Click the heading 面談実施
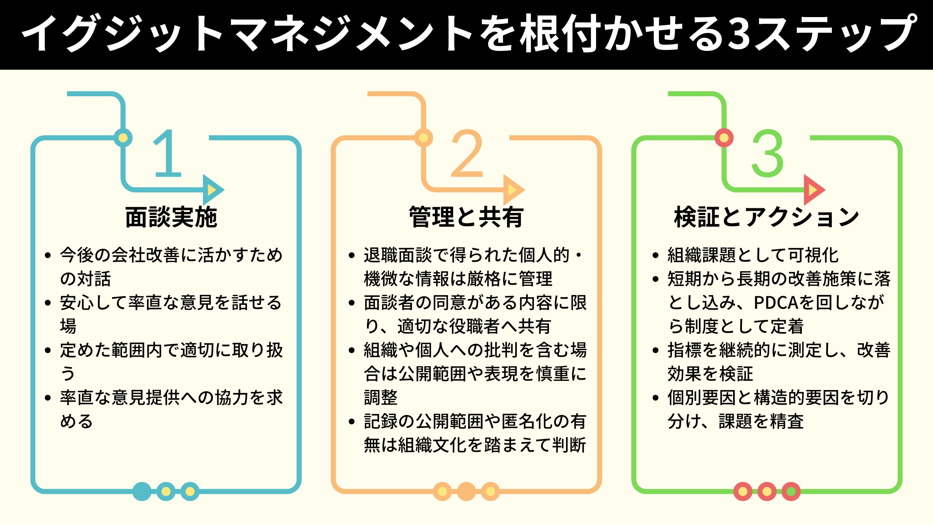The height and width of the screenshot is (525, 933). click(x=171, y=217)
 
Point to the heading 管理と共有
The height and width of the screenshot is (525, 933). click(x=466, y=217)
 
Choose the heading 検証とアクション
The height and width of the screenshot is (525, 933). click(x=767, y=217)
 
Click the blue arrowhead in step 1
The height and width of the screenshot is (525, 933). click(x=212, y=190)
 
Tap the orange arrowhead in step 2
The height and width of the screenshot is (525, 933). click(x=513, y=190)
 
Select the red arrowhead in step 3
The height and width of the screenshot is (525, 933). click(x=813, y=190)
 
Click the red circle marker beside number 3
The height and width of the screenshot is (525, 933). click(x=724, y=138)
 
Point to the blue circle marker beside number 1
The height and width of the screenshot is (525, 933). click(x=123, y=138)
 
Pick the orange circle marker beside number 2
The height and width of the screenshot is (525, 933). click(x=424, y=138)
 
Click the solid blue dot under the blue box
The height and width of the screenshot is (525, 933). click(x=142, y=492)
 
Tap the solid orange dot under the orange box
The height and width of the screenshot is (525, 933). click(x=466, y=492)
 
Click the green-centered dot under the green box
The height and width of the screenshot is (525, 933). click(x=791, y=492)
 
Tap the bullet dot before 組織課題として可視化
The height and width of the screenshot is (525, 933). click(x=656, y=255)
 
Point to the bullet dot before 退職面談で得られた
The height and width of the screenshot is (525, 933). click(x=352, y=255)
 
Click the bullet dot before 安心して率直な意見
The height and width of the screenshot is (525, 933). click(x=48, y=303)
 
